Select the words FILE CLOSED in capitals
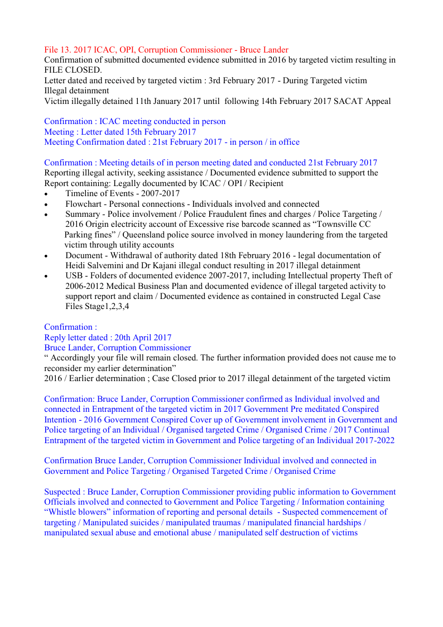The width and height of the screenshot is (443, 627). tap(73, 70)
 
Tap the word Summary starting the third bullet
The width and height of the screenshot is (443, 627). tap(83, 214)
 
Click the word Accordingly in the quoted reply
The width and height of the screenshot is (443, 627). tap(76, 358)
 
